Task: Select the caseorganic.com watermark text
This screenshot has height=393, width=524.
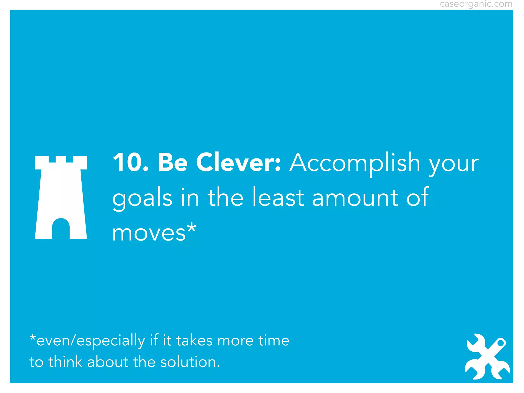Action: coord(476,4)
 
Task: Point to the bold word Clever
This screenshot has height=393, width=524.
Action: coord(238,162)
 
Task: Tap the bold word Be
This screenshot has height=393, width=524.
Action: coord(172,162)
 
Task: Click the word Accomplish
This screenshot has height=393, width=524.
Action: coord(355,163)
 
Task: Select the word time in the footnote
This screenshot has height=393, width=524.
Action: coord(274,341)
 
